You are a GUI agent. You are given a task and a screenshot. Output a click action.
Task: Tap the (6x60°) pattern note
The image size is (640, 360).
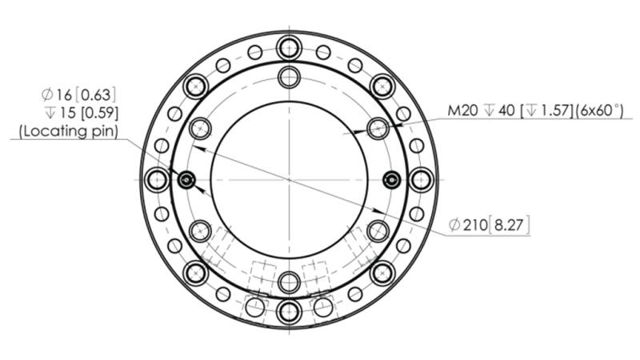coord(591,111)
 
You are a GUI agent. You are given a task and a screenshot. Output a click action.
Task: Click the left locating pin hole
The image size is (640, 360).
coord(186,179)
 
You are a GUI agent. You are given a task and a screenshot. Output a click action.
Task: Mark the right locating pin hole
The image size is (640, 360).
coord(391,179)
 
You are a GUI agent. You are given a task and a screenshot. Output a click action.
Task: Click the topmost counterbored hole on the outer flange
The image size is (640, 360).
coord(289,46)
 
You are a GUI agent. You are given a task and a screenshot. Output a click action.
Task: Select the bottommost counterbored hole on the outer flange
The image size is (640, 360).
coord(289,313)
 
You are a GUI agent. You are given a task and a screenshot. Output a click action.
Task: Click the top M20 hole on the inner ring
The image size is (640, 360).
coord(289,78)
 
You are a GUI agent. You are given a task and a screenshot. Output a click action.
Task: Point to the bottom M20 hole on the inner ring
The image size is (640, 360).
coord(289,281)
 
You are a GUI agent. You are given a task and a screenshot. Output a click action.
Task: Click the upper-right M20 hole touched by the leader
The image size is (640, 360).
coord(377,128)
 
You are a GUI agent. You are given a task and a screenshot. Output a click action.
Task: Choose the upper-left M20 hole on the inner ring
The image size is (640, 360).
coord(201,128)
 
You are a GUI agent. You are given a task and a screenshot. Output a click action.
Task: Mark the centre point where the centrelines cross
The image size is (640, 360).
coord(289,179)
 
